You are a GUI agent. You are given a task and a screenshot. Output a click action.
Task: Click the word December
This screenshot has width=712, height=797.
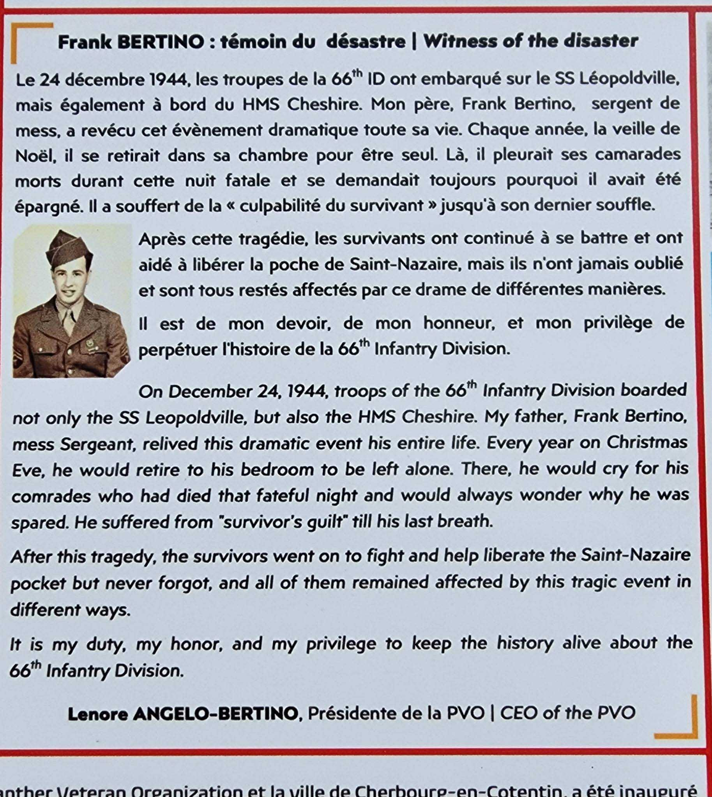point(209,391)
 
